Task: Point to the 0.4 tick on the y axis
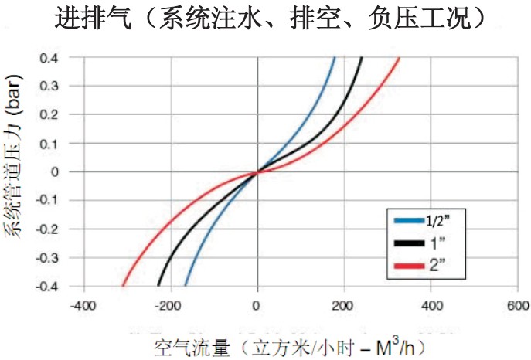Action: tap(49, 58)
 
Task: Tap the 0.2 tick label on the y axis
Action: tap(49, 114)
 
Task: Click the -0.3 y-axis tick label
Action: tap(47, 257)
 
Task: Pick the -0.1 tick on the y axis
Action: tap(47, 200)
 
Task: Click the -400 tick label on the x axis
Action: tap(82, 305)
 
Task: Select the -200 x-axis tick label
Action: tap(168, 305)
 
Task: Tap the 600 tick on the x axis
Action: tap(517, 305)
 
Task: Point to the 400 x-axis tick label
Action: tap(431, 305)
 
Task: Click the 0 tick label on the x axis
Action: tap(257, 305)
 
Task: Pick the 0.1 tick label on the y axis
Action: tap(49, 143)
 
